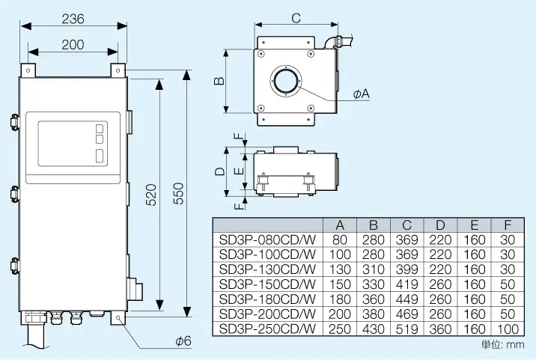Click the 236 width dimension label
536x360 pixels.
73,18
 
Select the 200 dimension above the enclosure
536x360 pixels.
73,44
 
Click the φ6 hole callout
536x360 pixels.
183,341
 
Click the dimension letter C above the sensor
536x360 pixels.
296,18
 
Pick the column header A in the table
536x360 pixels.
340,225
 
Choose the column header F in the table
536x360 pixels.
508,225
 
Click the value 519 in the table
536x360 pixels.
407,328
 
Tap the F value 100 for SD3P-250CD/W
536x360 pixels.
508,328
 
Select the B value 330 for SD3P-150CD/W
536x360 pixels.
374,284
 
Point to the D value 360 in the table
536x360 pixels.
441,328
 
